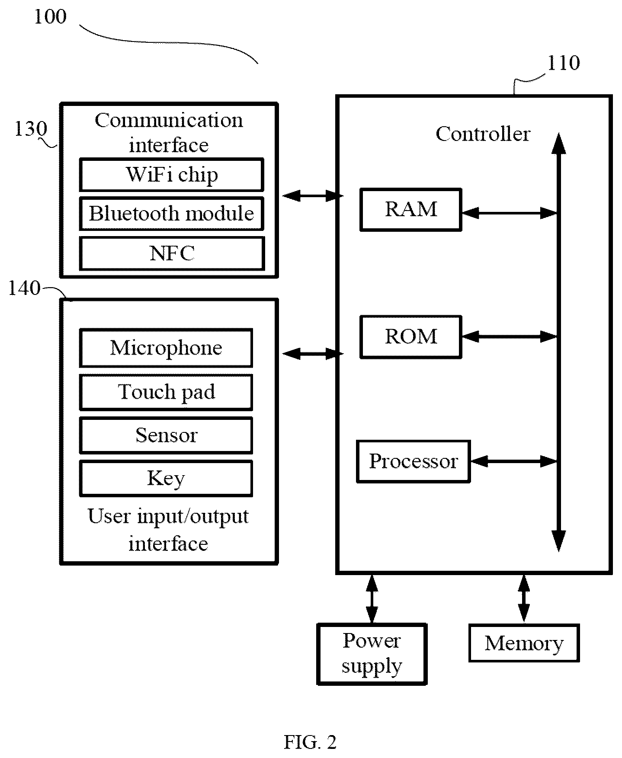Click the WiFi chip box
[171, 175]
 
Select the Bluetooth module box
[171, 214]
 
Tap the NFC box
[172, 253]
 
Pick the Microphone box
[166, 348]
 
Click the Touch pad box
[166, 392]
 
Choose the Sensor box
[166, 435]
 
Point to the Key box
[166, 478]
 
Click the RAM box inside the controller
[411, 210]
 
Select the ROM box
[411, 337]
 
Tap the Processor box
[413, 461]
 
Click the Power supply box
[372, 654]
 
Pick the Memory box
[524, 643]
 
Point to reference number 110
[564, 64]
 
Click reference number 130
[31, 129]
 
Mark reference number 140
[24, 288]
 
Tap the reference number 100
[50, 17]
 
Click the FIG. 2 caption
[310, 742]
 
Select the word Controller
[483, 134]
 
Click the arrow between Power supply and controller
[372, 599]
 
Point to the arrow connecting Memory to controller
[524, 599]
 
